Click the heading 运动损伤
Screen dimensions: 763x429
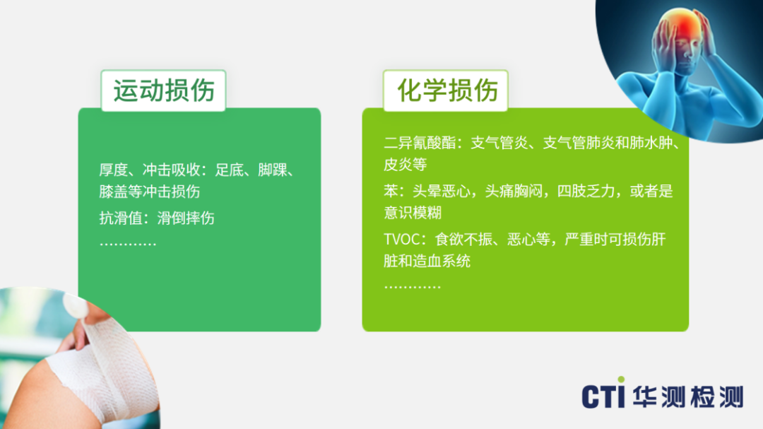tap(164, 90)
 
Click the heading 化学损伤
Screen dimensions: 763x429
tap(448, 90)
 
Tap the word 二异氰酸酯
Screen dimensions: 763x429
tap(420, 143)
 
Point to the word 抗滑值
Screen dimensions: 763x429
tap(121, 218)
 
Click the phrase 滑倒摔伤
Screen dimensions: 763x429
tap(186, 218)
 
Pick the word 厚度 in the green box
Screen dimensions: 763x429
tap(113, 170)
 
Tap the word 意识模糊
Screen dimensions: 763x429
tap(413, 212)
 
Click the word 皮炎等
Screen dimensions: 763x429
tap(406, 165)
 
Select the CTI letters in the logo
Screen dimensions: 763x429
tap(603, 396)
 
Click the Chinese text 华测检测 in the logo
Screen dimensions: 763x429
tap(688, 396)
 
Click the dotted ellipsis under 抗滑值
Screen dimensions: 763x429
tap(127, 243)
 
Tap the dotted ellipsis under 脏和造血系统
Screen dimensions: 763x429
tap(412, 286)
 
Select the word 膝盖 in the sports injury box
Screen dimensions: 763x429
tap(113, 192)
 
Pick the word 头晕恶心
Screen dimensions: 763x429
tap(442, 191)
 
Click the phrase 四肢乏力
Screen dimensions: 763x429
tap(586, 191)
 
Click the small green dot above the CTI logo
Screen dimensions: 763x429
tap(621, 380)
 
